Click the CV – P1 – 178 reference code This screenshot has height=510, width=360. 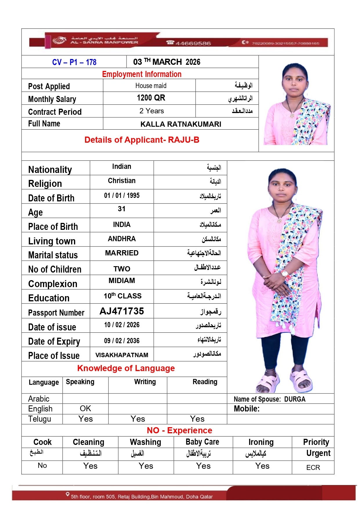coord(74,62)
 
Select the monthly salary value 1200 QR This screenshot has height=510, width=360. coord(151,98)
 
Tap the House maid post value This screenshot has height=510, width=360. coord(151,86)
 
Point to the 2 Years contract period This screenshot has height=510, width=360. coord(151,111)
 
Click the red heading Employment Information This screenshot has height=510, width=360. coord(142,74)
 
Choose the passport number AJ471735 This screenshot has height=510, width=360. coord(122,311)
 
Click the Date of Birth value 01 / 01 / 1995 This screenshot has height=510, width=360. coord(122,196)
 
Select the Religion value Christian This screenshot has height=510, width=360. coord(122,181)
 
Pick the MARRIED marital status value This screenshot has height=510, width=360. coord(122,253)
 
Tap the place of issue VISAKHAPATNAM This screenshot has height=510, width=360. coord(122,355)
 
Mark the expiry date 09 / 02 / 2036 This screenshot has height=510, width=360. coord(122,341)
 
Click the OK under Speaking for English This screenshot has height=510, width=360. coord(86,409)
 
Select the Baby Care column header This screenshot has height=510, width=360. coord(202,442)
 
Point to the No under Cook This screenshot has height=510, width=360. coord(42,466)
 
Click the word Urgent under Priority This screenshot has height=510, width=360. coord(318,453)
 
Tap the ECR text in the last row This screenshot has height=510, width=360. coord(313,468)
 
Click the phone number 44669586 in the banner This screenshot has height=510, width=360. coord(193,44)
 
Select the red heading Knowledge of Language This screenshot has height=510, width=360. coord(126,368)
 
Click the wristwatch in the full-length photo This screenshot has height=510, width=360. coord(284,273)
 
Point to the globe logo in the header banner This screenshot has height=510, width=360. coord(59,40)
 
